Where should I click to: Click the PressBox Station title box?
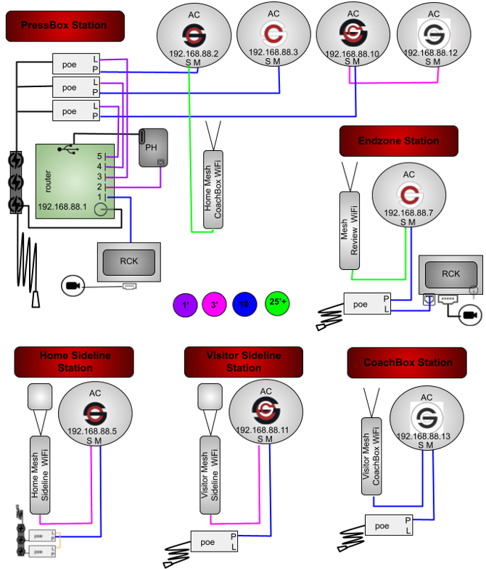pos(64,26)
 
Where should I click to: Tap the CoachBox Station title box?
pos(408,362)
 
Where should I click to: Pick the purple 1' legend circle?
pos(186,305)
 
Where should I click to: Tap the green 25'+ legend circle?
pos(276,303)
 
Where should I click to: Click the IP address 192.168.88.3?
pos(273,52)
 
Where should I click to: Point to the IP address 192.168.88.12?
pos(433,53)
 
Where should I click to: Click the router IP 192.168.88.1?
pos(62,206)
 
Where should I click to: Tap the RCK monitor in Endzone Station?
pos(450,274)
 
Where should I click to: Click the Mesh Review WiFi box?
pos(350,230)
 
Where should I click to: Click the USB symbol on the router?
pos(71,149)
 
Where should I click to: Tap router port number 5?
pos(99,156)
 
